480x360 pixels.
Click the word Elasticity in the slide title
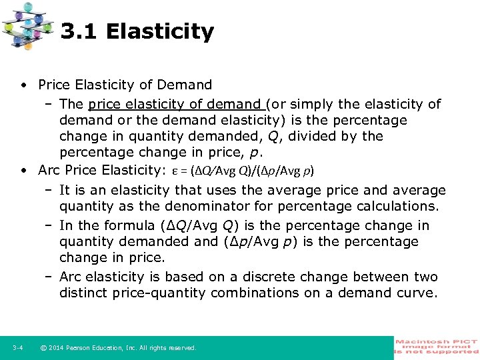[x=160, y=31]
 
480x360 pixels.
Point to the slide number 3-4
[x=18, y=348]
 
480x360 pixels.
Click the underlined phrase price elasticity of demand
[x=176, y=104]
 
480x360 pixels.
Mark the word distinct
[x=87, y=293]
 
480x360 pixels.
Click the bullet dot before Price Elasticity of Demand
[x=24, y=85]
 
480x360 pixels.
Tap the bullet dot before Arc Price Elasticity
[x=24, y=170]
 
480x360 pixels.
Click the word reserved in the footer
[x=181, y=348]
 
